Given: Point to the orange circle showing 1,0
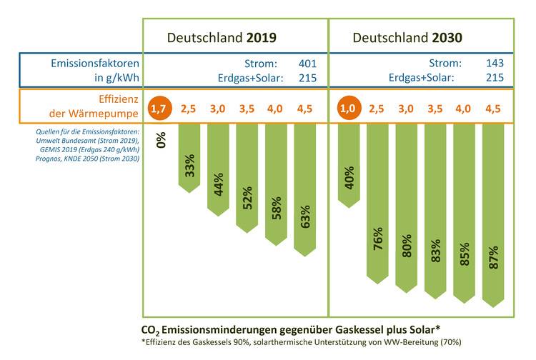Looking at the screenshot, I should [x=348, y=109].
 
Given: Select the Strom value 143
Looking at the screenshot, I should [x=494, y=63].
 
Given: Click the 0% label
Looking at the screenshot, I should [x=162, y=140].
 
